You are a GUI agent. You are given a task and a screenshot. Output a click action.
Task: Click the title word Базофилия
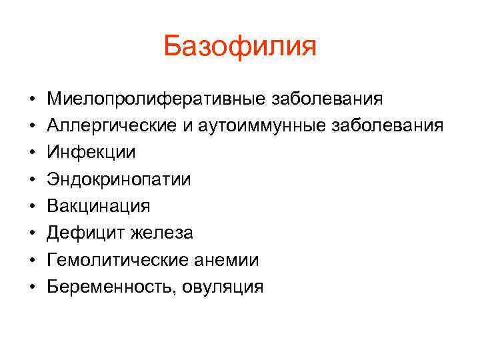[x=240, y=47]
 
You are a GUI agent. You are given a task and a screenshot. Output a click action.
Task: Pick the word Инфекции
[x=91, y=153]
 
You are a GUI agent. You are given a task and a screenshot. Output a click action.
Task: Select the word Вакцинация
[x=99, y=207]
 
